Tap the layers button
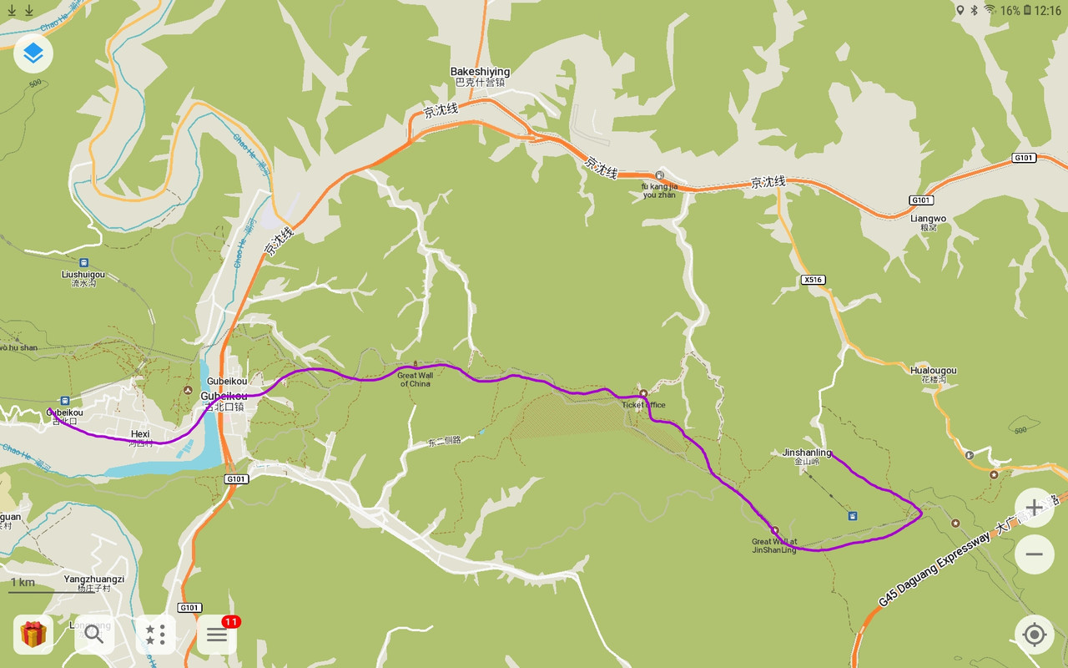(x=33, y=53)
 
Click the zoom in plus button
(x=1034, y=508)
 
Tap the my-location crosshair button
(x=1034, y=635)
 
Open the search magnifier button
(x=94, y=635)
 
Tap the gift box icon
(x=33, y=635)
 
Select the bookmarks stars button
(x=155, y=635)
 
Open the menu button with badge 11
(x=217, y=635)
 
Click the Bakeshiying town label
(x=480, y=72)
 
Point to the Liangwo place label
(x=929, y=219)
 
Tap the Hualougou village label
(x=933, y=371)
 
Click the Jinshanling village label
(x=806, y=453)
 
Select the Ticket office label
(x=643, y=405)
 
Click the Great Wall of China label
(x=415, y=379)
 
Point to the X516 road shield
(x=812, y=280)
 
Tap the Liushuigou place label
(x=83, y=275)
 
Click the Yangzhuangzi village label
(x=94, y=579)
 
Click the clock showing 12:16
(x=1047, y=11)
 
